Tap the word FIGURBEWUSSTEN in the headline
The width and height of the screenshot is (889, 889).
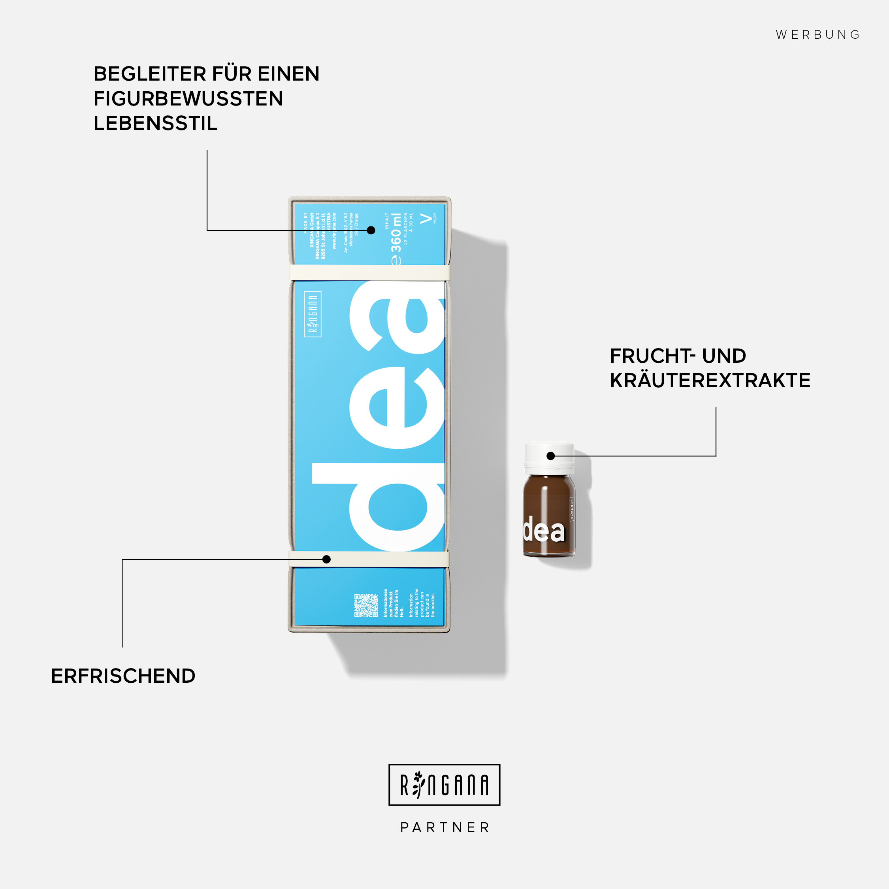tap(188, 98)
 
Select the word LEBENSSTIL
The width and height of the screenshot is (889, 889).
tap(155, 123)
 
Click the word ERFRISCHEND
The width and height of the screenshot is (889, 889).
tap(123, 676)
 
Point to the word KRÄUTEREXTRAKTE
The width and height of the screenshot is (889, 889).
tap(710, 380)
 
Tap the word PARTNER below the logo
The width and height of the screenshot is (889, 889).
tap(444, 827)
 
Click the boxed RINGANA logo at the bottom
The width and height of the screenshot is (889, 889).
tap(444, 785)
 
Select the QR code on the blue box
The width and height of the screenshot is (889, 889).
tap(366, 605)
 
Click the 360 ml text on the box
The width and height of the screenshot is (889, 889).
tap(396, 232)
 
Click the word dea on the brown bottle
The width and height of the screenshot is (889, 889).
tap(543, 530)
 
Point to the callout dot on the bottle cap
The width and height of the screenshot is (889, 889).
tap(551, 456)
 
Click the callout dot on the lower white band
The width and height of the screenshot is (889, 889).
tap(327, 559)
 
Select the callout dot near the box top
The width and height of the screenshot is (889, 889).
tap(371, 230)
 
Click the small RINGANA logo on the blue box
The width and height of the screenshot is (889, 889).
tap(313, 314)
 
